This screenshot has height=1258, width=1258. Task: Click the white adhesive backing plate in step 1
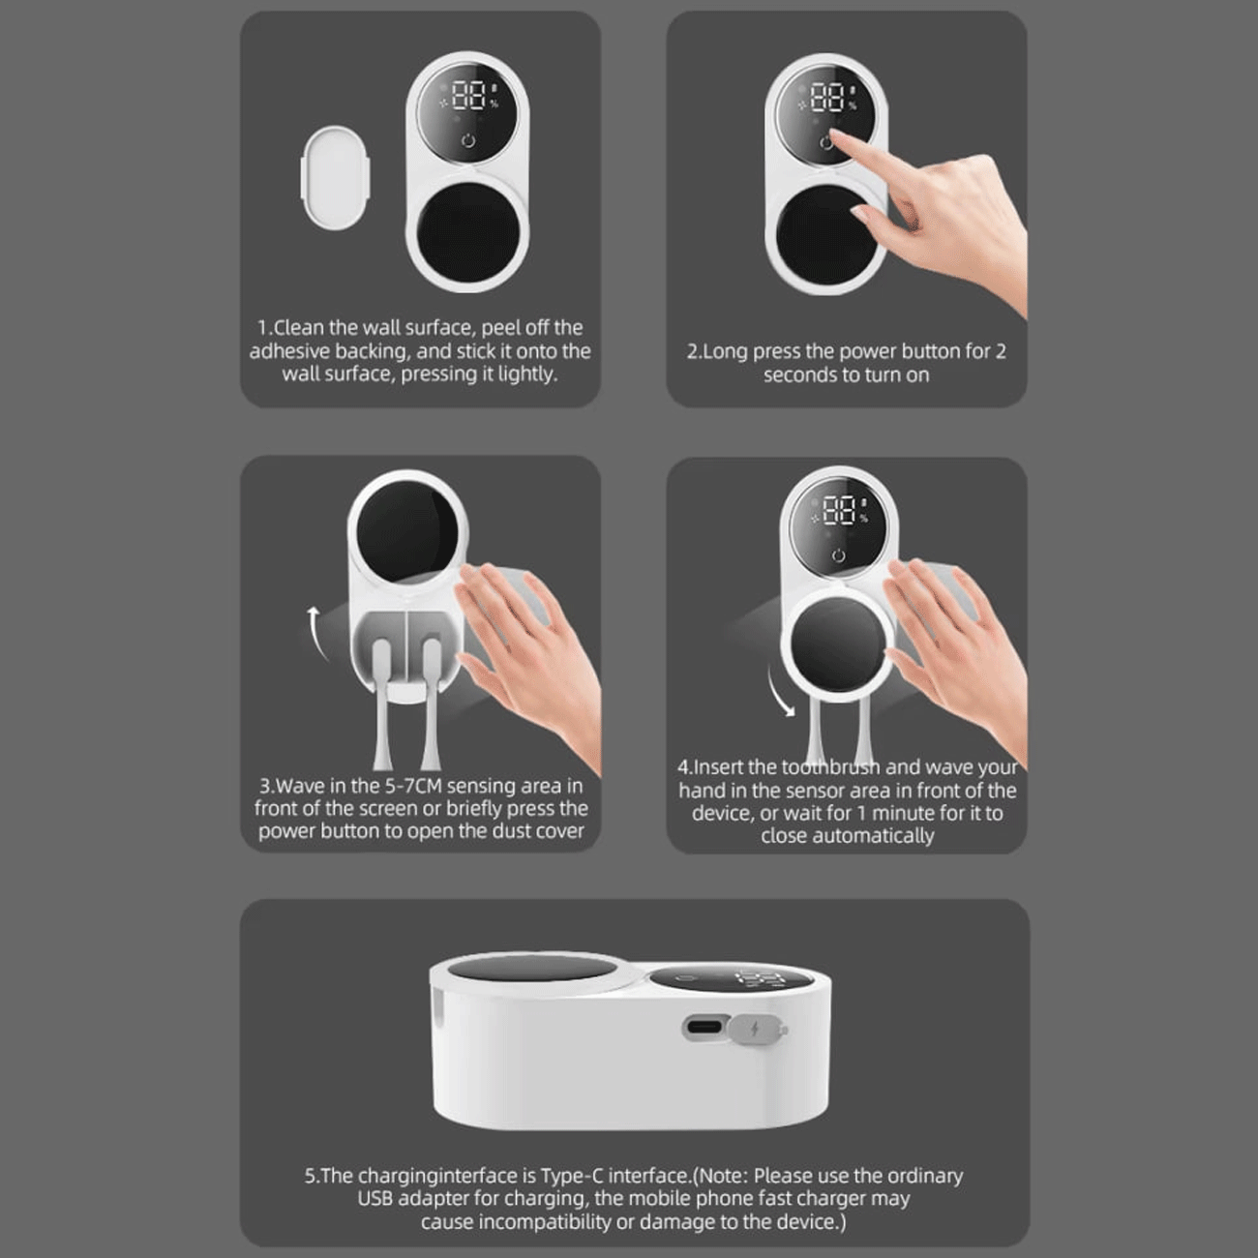tap(336, 177)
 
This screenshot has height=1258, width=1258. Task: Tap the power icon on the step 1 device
tap(468, 139)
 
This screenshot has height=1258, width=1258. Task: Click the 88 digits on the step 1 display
tap(468, 95)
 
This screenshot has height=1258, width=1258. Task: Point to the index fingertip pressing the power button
tap(833, 136)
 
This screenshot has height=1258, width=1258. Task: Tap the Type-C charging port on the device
tap(704, 1027)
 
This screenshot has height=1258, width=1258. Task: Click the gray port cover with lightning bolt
tap(757, 1031)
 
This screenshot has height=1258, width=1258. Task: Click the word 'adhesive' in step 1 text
tap(289, 351)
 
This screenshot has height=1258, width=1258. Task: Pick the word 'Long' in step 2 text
tap(724, 352)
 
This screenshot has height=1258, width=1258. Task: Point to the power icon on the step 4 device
tap(838, 555)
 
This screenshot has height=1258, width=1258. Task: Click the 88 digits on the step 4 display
tap(840, 510)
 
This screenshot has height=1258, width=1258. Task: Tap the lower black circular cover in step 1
tap(468, 233)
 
